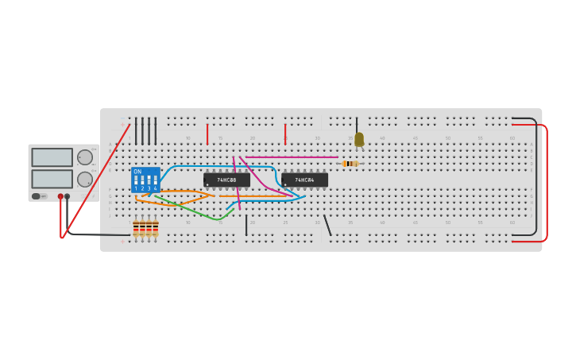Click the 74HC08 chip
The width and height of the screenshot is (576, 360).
[226, 180]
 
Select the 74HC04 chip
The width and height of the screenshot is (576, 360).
[304, 180]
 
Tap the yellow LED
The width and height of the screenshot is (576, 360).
[359, 139]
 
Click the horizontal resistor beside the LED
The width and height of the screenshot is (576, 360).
[350, 164]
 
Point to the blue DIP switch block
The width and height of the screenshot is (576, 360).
[145, 180]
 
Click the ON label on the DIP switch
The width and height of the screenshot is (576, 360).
[137, 172]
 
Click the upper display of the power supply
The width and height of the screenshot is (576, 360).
[52, 157]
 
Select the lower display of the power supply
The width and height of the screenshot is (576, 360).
[52, 179]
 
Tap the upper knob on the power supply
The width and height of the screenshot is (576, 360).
[85, 157]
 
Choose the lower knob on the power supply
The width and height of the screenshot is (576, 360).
[85, 180]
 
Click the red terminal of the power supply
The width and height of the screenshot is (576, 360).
[60, 196]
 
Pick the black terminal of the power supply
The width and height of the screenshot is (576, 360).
[67, 196]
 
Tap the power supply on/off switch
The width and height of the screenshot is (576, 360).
[37, 196]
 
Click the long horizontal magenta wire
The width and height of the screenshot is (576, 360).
[290, 157]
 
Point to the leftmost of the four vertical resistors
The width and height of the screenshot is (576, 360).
[136, 229]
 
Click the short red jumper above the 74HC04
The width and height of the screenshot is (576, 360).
[285, 133]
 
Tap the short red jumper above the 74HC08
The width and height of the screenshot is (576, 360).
[207, 134]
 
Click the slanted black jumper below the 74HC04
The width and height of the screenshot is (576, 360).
[327, 225]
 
